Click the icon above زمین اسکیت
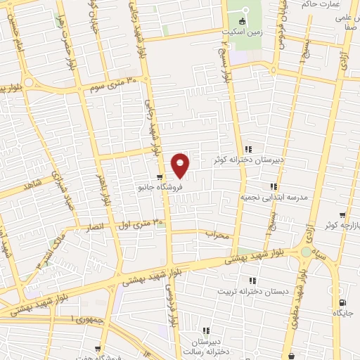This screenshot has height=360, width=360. point(245,21)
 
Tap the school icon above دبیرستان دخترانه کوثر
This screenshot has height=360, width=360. point(248,149)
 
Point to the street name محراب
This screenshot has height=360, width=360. point(218,235)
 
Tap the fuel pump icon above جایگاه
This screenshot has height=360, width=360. point(342,301)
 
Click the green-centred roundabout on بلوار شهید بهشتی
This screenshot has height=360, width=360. point(307,252)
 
